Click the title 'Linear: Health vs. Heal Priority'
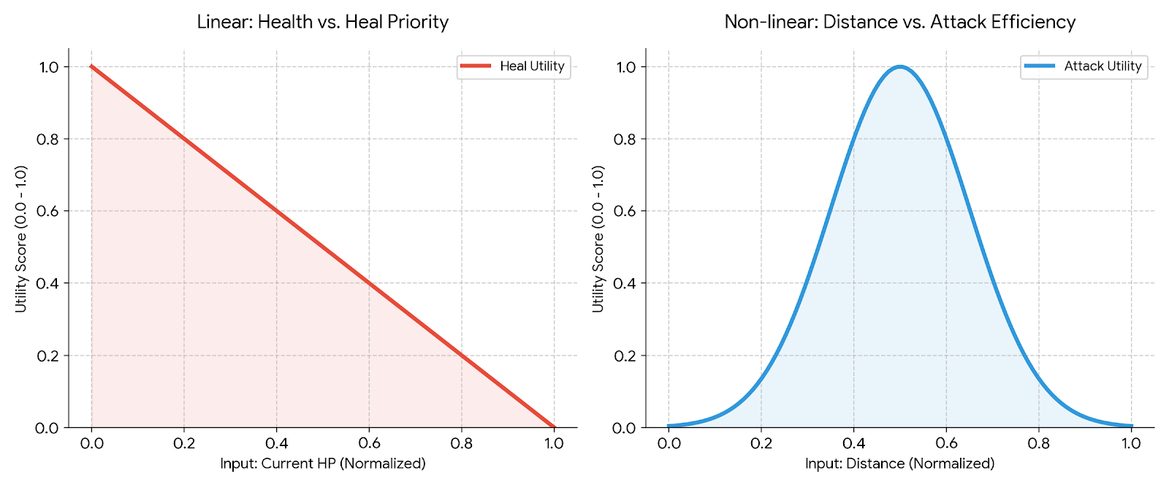[322, 22]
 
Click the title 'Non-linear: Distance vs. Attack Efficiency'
[899, 22]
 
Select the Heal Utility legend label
[532, 66]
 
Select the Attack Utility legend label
[1103, 66]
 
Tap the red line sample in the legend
[476, 66]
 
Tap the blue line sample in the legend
[1040, 66]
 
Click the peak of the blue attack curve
[900, 67]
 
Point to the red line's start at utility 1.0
[91, 66]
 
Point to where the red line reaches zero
[554, 427]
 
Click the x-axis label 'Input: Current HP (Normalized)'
[322, 464]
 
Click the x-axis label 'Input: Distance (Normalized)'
[899, 464]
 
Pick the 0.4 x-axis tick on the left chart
[276, 443]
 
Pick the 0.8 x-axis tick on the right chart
[1038, 443]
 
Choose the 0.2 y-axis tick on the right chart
[625, 356]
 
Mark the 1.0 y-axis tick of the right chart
[625, 67]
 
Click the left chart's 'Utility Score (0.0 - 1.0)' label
[21, 239]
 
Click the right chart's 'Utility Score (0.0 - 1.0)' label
[598, 239]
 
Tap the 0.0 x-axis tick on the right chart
[669, 443]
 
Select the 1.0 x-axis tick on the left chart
[554, 443]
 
